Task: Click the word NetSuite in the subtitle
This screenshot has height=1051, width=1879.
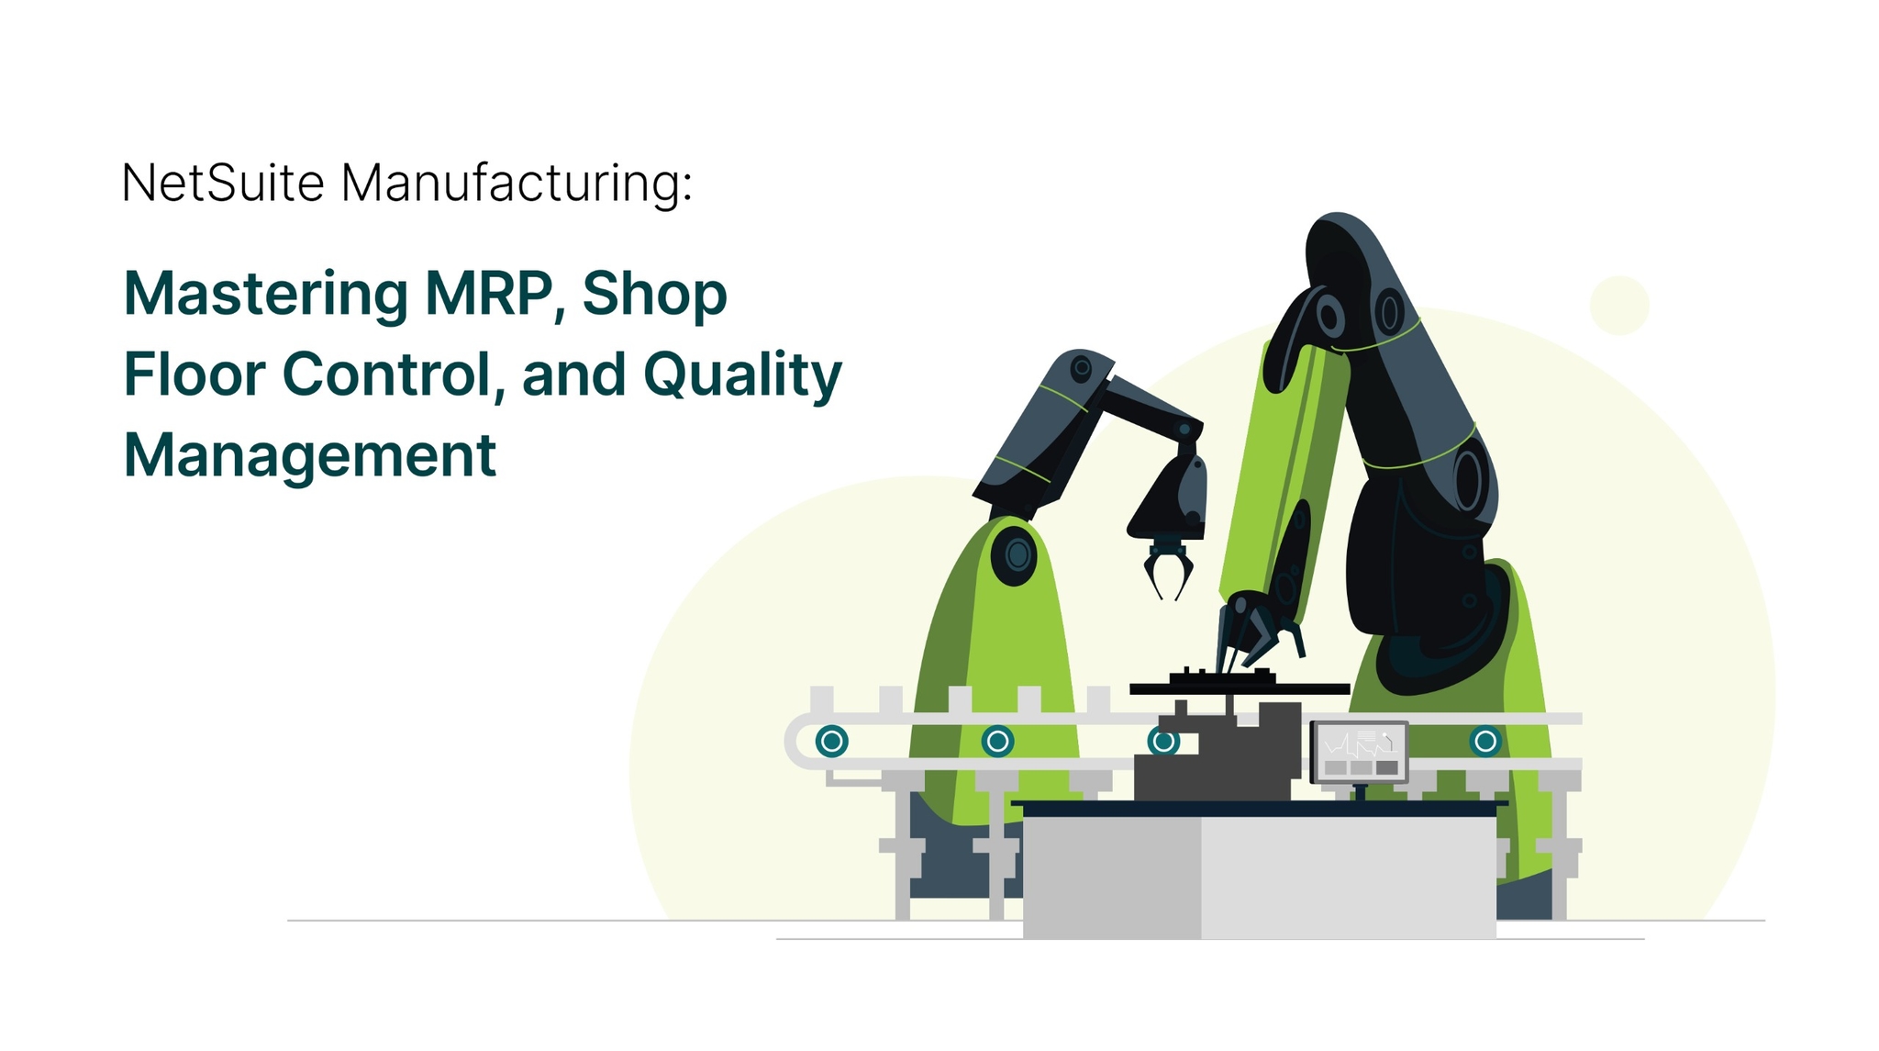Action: point(223,183)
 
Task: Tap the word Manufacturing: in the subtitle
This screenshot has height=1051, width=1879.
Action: point(517,183)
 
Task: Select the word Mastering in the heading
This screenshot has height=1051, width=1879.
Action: point(266,295)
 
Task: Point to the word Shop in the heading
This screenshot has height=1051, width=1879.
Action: point(654,295)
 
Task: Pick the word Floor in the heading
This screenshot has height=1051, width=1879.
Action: point(194,375)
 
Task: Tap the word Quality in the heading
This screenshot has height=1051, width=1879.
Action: point(742,376)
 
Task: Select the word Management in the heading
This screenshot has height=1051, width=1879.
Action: point(310,455)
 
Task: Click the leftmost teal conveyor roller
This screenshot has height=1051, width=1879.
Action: point(832,741)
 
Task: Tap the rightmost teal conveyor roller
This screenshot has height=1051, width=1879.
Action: point(1485,741)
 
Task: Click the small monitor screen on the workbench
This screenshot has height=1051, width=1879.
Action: point(1360,752)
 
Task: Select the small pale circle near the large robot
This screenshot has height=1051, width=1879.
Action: point(1619,305)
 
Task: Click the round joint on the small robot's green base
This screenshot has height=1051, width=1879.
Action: point(1017,554)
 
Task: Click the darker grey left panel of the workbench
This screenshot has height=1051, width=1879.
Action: point(1112,877)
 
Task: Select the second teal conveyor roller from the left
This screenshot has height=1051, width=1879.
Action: point(997,741)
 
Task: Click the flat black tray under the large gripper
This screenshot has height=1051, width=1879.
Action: point(1239,688)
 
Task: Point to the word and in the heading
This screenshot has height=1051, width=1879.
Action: point(573,375)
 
